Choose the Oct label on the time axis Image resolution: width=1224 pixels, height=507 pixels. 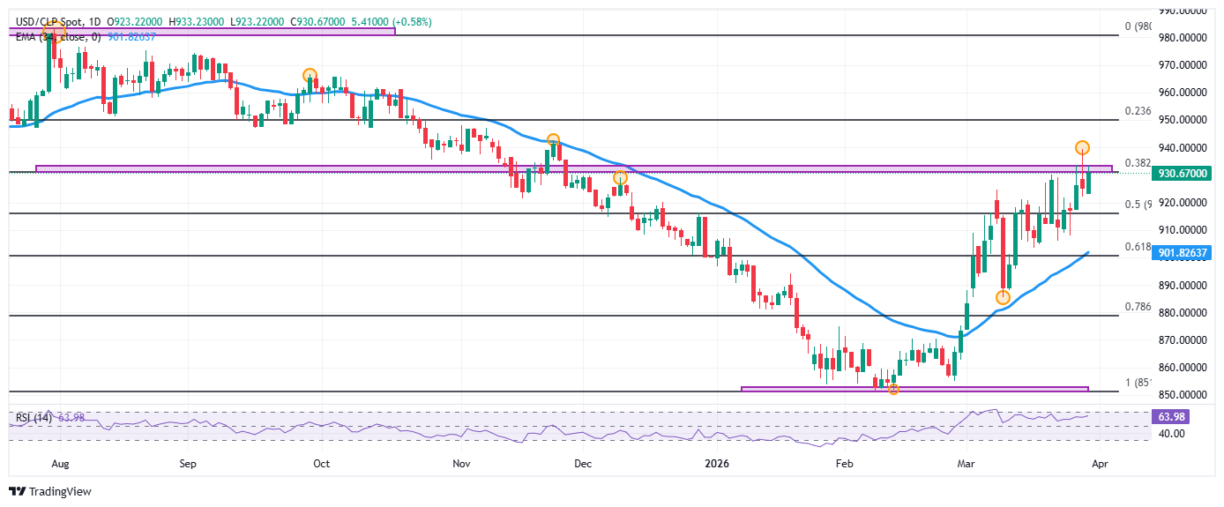[321, 462]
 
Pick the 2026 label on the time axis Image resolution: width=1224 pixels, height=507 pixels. [717, 462]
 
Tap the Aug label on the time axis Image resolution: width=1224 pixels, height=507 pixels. [60, 462]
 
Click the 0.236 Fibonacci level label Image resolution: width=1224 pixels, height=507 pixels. [1138, 112]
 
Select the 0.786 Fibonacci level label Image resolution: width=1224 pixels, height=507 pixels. [1138, 307]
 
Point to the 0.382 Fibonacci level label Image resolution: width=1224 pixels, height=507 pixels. [1138, 163]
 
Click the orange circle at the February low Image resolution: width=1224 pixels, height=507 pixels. [893, 389]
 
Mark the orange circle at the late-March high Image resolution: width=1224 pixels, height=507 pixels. [1083, 147]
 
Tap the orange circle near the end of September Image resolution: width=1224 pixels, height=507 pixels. [310, 75]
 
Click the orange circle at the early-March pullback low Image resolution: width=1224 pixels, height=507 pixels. [1003, 297]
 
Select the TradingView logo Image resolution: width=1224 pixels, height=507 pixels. [50, 491]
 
